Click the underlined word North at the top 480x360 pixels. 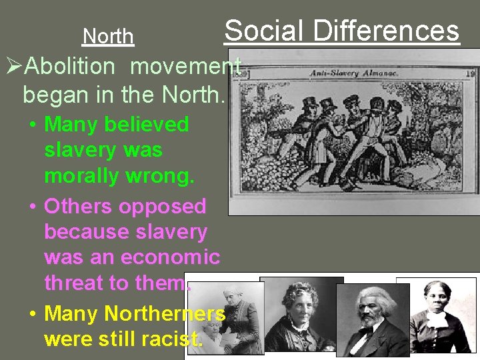pyautogui.click(x=108, y=36)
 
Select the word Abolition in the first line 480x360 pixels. pyautogui.click(x=73, y=67)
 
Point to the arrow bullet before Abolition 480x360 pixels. pyautogui.click(x=14, y=67)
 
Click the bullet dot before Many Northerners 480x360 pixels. pyautogui.click(x=32, y=313)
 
